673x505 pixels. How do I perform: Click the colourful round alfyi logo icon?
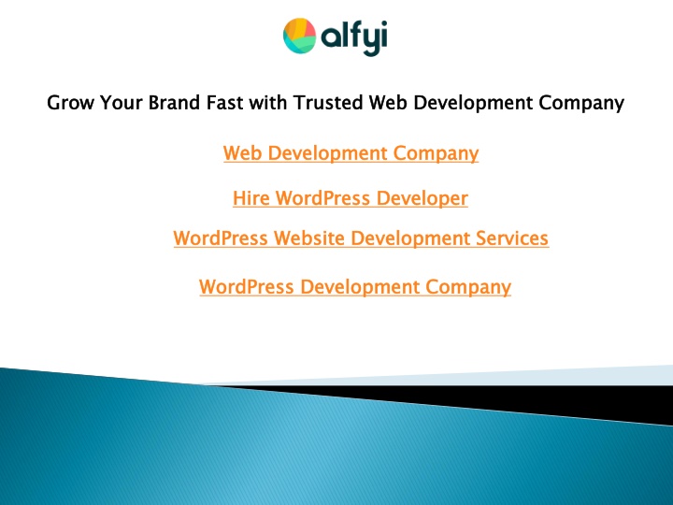point(300,36)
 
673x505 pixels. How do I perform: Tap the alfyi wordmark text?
point(354,37)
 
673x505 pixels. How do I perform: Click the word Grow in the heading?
point(70,103)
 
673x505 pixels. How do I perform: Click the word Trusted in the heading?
point(328,103)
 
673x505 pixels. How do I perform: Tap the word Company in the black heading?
point(581,104)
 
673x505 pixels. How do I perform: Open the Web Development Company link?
point(351,153)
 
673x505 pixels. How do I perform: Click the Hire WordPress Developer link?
point(351,199)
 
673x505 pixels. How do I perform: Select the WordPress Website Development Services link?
point(361,238)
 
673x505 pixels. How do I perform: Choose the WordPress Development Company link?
point(355,287)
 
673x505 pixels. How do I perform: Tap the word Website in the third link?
point(309,238)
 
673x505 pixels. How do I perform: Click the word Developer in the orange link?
point(422,199)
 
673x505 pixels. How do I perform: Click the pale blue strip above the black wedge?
point(472,377)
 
